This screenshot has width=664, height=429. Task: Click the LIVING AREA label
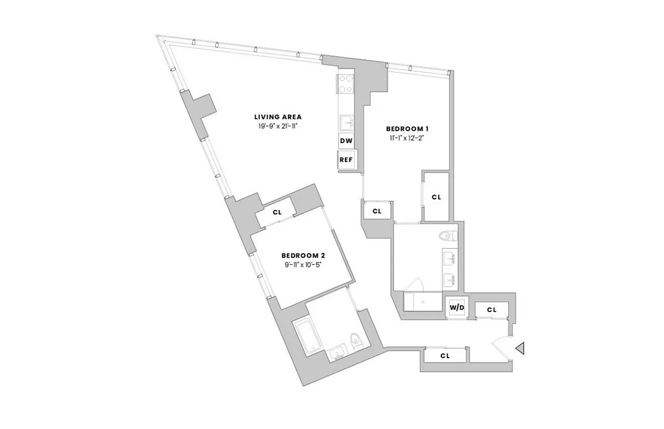(278, 117)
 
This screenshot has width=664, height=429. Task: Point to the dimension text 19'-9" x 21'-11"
(278, 127)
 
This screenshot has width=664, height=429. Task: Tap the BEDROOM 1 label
(407, 129)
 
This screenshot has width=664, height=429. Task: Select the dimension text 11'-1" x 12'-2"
(407, 138)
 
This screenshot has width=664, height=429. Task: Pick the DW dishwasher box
(346, 141)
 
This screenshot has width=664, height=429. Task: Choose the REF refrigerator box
(345, 159)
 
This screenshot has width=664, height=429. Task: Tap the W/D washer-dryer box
(457, 307)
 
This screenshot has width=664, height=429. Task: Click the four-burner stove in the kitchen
(345, 84)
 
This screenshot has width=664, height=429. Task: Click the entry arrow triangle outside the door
(519, 349)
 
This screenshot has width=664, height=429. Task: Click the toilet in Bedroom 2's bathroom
(355, 341)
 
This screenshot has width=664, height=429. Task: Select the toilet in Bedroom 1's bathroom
(446, 234)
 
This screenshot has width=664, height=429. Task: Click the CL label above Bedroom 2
(277, 212)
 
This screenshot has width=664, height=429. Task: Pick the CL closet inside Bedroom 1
(436, 197)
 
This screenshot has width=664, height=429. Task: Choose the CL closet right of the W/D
(492, 310)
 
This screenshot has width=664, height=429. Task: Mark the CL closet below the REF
(377, 211)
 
